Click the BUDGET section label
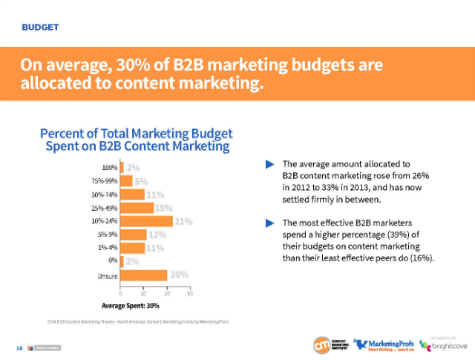[x=41, y=27]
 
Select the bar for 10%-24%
[x=146, y=221]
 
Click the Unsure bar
[x=143, y=275]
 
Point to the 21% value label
[x=184, y=221]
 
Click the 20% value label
[x=180, y=275]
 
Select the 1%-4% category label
[x=103, y=248]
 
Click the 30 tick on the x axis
[x=191, y=295]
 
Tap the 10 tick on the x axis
[x=143, y=295]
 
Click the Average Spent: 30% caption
[x=131, y=306]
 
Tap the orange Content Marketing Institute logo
[x=321, y=344]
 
